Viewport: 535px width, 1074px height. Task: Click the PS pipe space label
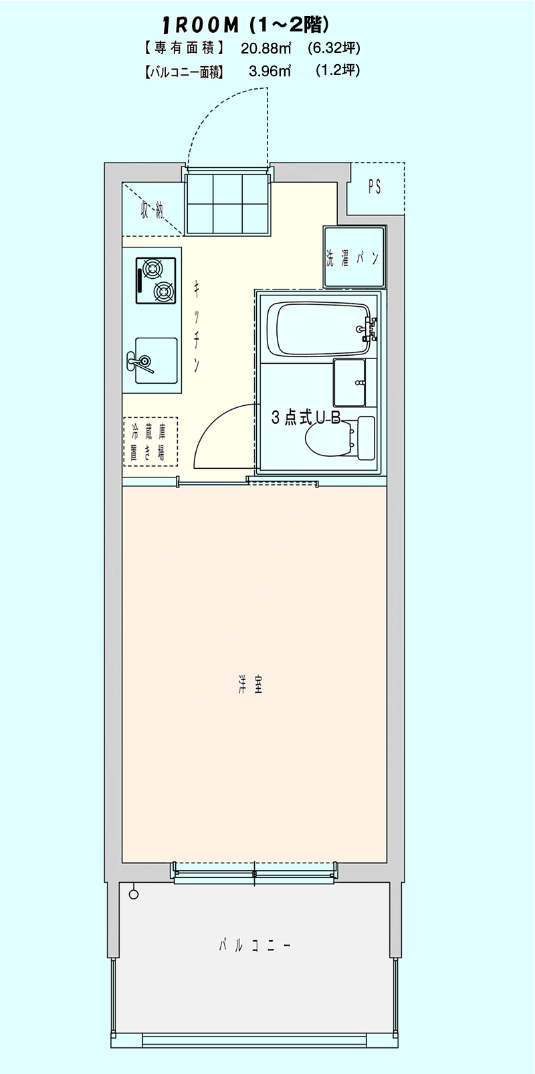click(x=375, y=187)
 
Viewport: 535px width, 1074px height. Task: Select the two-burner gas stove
click(x=156, y=280)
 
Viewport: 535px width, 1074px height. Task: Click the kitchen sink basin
click(x=156, y=360)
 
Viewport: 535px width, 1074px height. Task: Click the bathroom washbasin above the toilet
click(x=350, y=383)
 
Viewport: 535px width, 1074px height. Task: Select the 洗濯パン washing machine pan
click(x=354, y=257)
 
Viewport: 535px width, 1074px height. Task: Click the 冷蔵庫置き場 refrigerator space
click(x=150, y=441)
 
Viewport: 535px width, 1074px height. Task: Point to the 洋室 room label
click(x=249, y=686)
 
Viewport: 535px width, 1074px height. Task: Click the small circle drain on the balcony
click(x=134, y=894)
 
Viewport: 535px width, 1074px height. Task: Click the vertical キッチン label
click(x=197, y=326)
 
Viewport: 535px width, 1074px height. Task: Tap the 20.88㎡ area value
click(x=266, y=48)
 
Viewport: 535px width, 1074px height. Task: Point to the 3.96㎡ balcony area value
click(x=270, y=71)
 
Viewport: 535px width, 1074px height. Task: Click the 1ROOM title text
click(x=201, y=25)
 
